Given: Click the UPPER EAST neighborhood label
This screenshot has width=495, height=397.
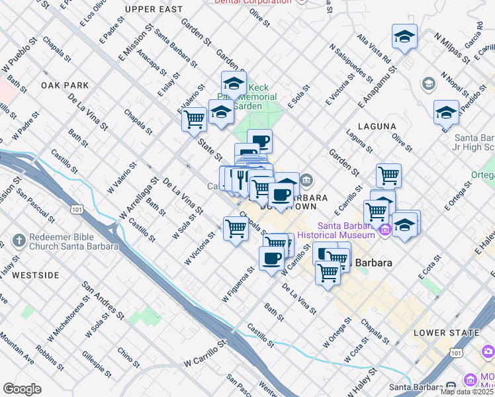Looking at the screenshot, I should pos(152,9).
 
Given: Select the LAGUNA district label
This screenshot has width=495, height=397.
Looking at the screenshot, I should pos(377,126).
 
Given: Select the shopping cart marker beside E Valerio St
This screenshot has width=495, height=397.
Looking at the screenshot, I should pos(194,119).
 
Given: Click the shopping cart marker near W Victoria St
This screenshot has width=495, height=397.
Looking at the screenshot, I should pos(236,229).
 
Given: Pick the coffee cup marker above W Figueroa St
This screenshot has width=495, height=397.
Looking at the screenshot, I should pos(271,258).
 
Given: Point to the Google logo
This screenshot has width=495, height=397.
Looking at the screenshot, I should pos(22,389).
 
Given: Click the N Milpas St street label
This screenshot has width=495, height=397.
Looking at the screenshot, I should pos(451,46).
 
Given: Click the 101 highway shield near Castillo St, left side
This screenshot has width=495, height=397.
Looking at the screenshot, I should pos(78,210).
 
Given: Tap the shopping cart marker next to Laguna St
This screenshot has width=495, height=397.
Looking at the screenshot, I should pos(388,175).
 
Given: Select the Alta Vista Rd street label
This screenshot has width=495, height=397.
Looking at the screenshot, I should pos(373,48).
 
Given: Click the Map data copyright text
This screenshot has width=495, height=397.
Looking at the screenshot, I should pos(467,391).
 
